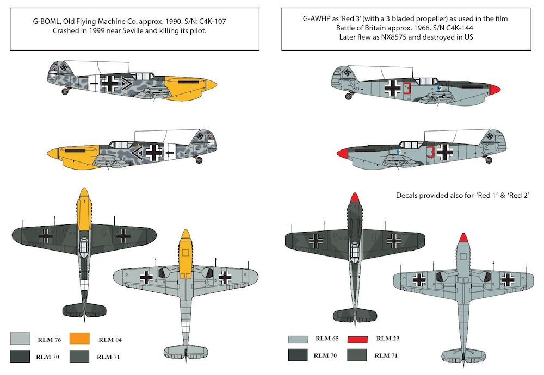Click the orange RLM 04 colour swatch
coord(79,339)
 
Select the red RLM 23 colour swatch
coord(357,339)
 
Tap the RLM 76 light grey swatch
coord(20,339)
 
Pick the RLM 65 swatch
coord(298,339)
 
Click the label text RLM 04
coord(110,340)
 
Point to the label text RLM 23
coord(388,338)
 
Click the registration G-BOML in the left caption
coord(47,22)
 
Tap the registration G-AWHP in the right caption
coord(317,18)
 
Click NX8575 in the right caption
coord(393,37)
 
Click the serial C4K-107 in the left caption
coord(212,22)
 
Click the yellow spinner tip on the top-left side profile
coord(212,84)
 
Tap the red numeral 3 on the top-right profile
coord(407,88)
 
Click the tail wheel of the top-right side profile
coord(349,96)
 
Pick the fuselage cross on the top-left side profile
coord(110,84)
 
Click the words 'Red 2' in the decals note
coord(518,196)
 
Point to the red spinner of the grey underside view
coord(463,237)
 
